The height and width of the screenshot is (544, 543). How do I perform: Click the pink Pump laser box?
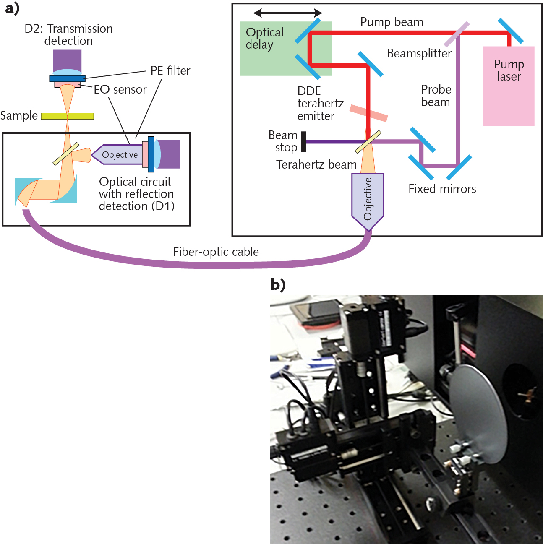click(509, 96)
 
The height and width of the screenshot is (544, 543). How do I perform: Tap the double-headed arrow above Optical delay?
click(288, 13)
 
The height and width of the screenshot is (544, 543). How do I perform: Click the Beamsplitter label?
click(419, 54)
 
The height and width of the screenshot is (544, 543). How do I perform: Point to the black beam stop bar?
click(304, 141)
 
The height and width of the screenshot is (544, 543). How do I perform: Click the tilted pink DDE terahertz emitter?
click(368, 113)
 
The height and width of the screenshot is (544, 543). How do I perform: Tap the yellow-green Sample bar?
click(67, 116)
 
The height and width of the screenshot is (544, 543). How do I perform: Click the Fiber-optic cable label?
click(216, 252)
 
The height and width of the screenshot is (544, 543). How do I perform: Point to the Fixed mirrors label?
click(442, 189)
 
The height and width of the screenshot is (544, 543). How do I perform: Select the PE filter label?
click(170, 70)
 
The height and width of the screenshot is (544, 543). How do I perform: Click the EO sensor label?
click(120, 89)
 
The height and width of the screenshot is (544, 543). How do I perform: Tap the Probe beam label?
click(436, 96)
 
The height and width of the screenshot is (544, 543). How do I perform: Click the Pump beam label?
click(392, 22)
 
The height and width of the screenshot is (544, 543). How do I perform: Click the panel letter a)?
click(12, 8)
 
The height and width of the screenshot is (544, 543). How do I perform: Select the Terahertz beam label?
click(316, 164)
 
